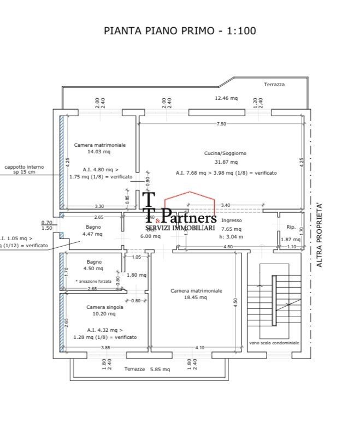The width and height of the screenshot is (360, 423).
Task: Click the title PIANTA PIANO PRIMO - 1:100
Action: tap(180, 31)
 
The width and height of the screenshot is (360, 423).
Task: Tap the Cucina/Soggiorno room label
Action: tap(225, 153)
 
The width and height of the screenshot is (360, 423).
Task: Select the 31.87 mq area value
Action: tap(225, 162)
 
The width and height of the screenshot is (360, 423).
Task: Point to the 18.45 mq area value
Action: tap(196, 297)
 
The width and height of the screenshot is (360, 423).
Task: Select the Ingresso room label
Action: tap(232, 221)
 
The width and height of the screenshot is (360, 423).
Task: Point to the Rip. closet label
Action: tap(291, 227)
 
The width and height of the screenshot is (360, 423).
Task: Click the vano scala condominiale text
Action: tap(274, 343)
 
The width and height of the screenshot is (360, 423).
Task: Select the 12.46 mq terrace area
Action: tap(226, 98)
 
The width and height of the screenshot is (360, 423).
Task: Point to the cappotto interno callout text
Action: tap(25, 169)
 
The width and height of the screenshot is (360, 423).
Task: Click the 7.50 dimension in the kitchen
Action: tap(221, 124)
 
